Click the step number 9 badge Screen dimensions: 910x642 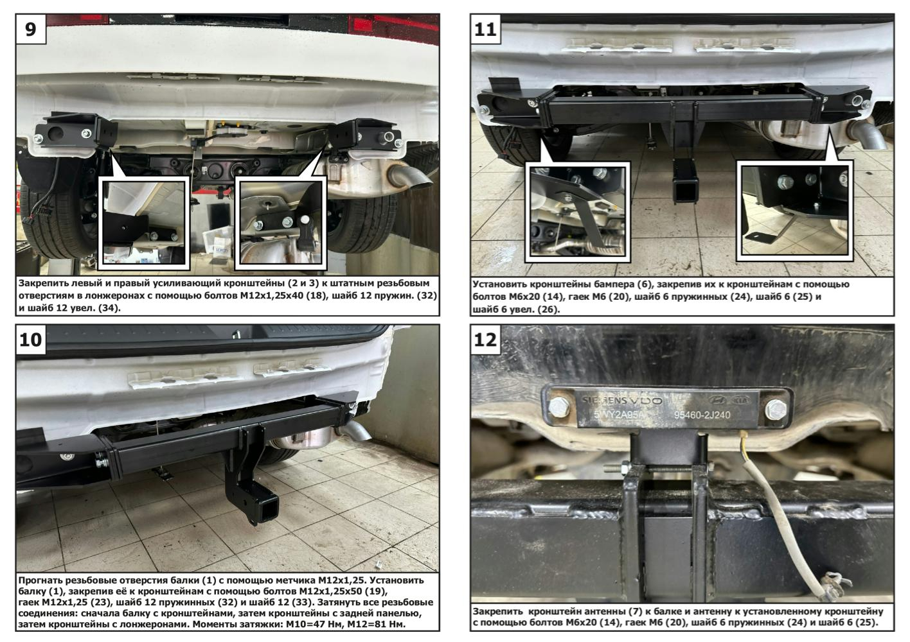(31, 29)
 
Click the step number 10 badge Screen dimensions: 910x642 (31, 340)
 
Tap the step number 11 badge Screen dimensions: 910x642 (486, 30)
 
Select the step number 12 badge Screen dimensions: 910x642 (486, 340)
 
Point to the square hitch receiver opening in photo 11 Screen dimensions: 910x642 (684, 191)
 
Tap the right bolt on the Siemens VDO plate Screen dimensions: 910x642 (775, 409)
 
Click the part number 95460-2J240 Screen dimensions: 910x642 (702, 415)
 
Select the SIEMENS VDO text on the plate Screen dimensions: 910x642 (622, 401)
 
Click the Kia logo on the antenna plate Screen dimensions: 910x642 (742, 401)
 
